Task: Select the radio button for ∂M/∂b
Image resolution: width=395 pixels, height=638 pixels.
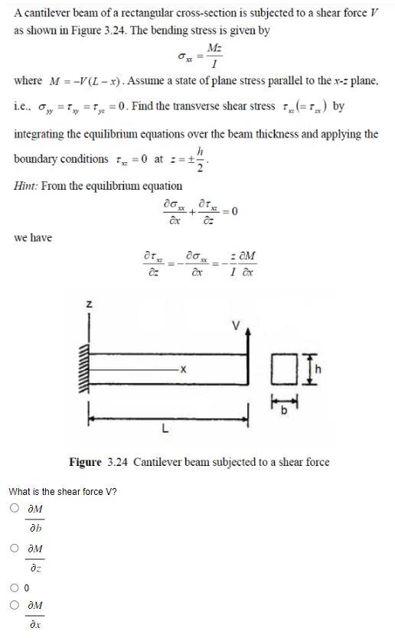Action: pos(15,508)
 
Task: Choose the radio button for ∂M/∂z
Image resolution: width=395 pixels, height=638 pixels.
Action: pos(15,548)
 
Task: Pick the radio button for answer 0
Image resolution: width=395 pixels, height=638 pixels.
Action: pos(15,588)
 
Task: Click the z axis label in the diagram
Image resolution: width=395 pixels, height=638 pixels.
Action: pos(88,304)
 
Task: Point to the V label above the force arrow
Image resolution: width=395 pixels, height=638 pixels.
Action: pos(237,323)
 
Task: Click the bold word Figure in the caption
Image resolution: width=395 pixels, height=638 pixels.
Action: pos(85,462)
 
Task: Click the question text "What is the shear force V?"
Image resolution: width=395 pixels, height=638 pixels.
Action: pos(63,490)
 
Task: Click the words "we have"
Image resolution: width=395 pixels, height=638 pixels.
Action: pos(33,238)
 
